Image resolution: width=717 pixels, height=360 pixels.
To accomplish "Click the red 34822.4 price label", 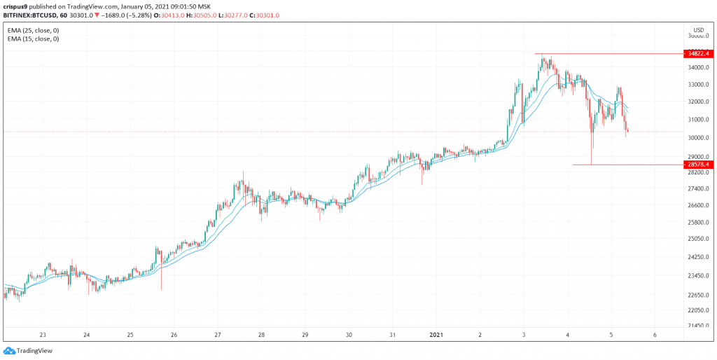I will coord(698,53).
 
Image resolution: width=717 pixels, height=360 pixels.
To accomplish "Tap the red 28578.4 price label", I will coord(698,165).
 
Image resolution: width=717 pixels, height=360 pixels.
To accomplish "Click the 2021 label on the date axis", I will coord(436,335).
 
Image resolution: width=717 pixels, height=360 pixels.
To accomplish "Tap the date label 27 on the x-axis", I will coord(218,335).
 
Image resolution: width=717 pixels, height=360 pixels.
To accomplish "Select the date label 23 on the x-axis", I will coord(43,335).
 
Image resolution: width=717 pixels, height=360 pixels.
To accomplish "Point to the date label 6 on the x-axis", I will coord(655,335).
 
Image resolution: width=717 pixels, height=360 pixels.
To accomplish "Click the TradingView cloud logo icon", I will coord(9,350).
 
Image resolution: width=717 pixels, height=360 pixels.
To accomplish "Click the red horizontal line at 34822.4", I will coord(602,53).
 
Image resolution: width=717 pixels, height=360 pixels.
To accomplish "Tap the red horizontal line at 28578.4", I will coord(623,165).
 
